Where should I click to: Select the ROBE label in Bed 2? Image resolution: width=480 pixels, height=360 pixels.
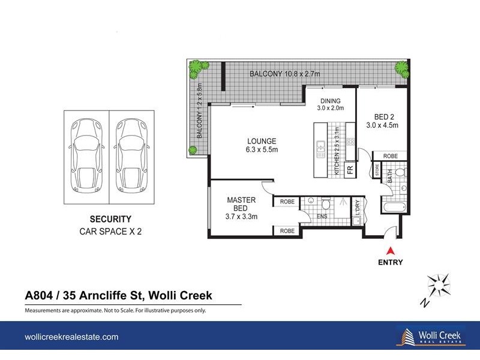[390, 156]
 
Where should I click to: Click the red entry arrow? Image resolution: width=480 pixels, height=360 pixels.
[391, 251]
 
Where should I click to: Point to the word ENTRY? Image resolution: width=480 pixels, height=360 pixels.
[391, 262]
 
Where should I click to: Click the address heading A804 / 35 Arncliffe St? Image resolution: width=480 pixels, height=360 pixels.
[118, 296]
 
